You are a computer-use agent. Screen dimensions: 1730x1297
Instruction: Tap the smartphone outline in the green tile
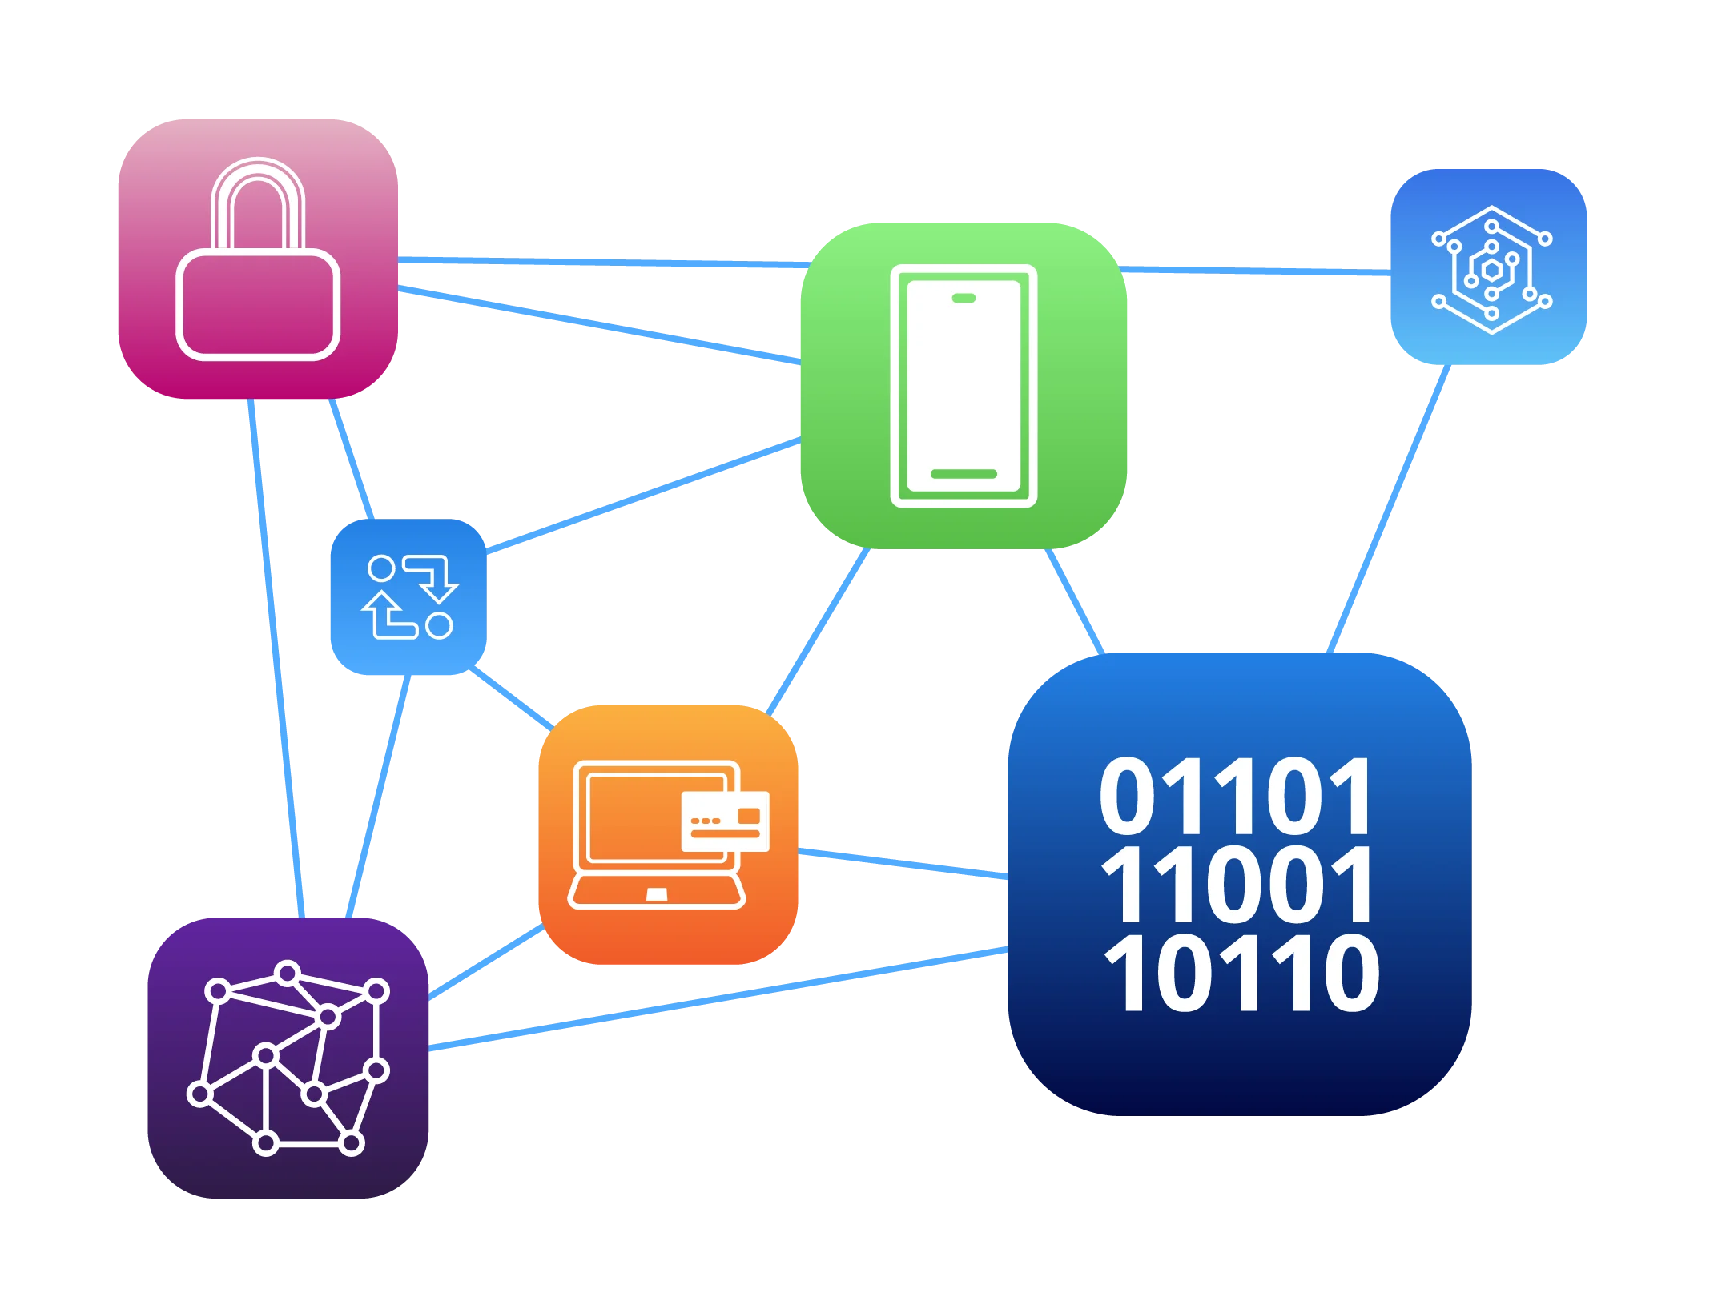tap(964, 386)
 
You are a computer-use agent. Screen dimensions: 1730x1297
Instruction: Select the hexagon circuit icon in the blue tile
tap(1491, 270)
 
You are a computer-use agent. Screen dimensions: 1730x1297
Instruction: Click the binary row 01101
tap(1236, 797)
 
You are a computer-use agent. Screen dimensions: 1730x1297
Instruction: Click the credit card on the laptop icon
tap(725, 821)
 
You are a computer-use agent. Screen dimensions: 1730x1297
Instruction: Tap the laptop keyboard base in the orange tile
tap(657, 892)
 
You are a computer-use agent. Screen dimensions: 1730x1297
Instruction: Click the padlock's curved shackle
tap(258, 200)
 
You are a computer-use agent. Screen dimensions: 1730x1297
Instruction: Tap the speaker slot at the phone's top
tap(964, 299)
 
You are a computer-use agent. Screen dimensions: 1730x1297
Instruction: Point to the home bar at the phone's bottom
tap(964, 474)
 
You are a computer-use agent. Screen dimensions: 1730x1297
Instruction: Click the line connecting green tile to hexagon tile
tap(1257, 271)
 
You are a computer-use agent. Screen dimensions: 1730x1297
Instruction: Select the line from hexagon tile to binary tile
tap(1390, 508)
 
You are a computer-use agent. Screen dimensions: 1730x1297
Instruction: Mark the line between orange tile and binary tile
tap(903, 863)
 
